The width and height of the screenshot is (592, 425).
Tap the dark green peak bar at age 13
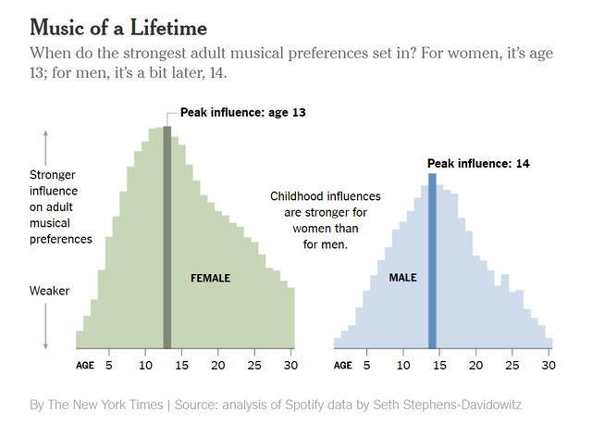(x=166, y=236)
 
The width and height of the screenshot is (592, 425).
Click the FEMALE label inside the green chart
(x=210, y=278)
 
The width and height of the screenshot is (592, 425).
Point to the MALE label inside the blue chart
(x=402, y=278)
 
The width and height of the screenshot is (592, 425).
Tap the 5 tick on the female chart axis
(x=108, y=365)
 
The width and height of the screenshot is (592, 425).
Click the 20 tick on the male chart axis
(x=475, y=365)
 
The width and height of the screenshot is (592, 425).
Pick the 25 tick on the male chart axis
(x=512, y=365)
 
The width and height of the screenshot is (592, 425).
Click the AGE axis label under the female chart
(x=85, y=365)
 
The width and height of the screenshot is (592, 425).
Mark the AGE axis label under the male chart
(x=342, y=365)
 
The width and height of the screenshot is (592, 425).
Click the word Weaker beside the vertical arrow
(x=50, y=291)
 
